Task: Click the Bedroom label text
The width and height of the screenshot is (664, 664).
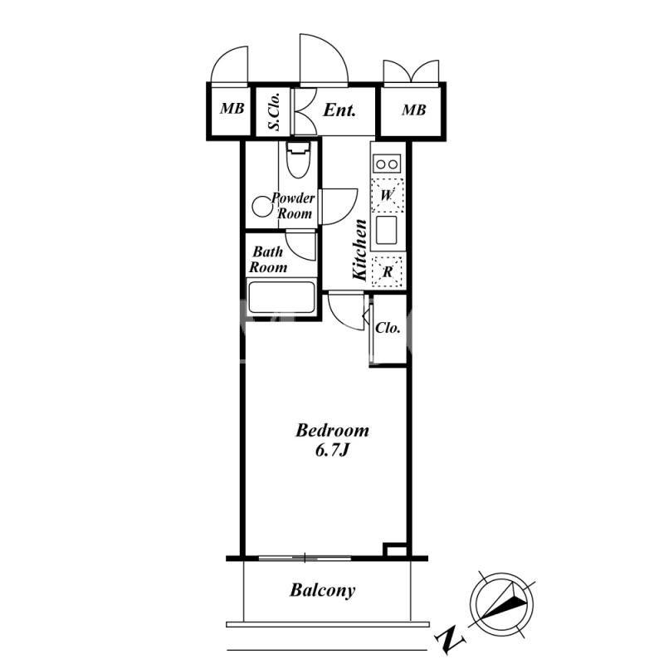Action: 333,430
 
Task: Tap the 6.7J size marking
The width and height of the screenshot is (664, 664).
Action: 331,451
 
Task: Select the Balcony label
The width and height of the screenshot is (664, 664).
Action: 323,590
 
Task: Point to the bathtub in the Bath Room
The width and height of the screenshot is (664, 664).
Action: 281,297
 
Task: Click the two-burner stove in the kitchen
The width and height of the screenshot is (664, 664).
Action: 387,164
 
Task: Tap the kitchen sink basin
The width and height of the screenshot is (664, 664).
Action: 387,230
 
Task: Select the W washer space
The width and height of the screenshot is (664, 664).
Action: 387,195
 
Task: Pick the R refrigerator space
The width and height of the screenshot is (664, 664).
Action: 388,271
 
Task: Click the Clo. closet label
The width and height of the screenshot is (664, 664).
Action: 388,328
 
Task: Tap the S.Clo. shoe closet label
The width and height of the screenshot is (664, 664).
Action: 274,111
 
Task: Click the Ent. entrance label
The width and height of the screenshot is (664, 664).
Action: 339,110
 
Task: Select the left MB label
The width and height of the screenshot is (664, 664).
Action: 232,109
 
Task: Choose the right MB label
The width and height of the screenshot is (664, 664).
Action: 413,110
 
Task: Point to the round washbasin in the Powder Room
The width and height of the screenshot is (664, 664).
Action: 262,207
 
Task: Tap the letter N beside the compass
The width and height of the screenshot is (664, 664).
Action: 450,637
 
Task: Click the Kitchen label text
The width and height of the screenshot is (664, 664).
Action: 360,250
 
